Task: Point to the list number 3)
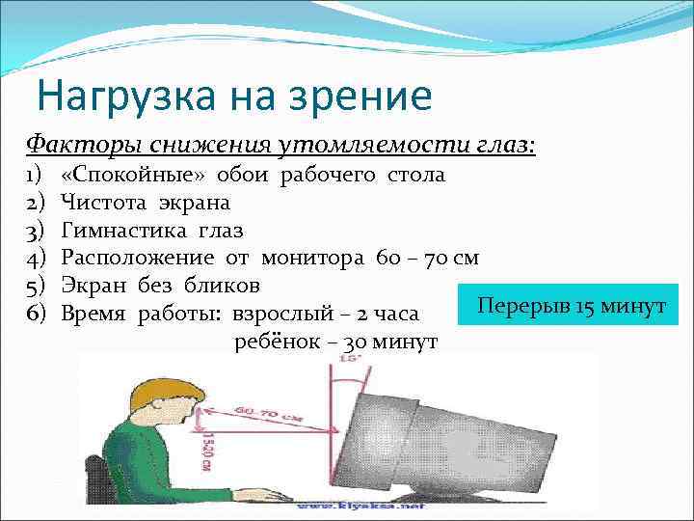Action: [36, 231]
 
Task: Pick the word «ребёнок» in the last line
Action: [275, 342]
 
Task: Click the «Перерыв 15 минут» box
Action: [569, 306]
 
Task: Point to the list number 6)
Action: [36, 314]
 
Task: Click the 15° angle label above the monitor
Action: [345, 360]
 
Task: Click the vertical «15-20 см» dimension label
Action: [206, 449]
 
